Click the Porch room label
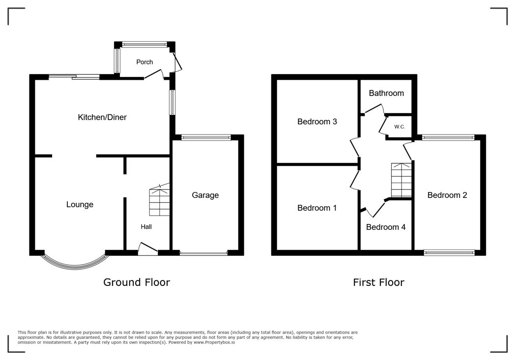pos(144,62)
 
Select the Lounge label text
pos(80,204)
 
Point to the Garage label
pos(205,195)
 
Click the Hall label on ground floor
pos(146,227)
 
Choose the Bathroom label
pos(386,93)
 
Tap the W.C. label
pos(399,127)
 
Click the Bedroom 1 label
pos(317,208)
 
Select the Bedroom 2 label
pos(447,195)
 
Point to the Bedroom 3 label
pos(317,121)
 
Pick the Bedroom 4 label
pos(386,227)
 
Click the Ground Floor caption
pos(136,282)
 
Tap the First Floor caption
pos(378,282)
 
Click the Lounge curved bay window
pos(74,266)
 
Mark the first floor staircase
pos(401,180)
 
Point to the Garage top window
pos(206,138)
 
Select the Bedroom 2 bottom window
pos(449,253)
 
